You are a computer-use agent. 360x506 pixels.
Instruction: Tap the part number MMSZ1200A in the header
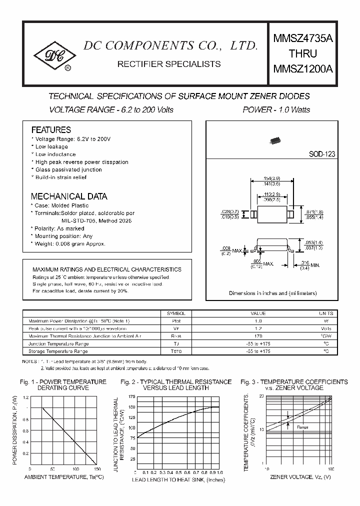click(302, 69)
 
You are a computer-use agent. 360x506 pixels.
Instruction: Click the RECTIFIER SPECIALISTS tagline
click(168, 64)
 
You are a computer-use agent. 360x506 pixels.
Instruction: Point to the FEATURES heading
click(51, 129)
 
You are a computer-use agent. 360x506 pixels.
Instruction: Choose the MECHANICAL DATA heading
click(69, 196)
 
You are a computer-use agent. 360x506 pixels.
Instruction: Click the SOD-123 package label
click(321, 154)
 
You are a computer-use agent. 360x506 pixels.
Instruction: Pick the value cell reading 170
click(258, 336)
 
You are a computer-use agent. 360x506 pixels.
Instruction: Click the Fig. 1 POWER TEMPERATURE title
click(63, 382)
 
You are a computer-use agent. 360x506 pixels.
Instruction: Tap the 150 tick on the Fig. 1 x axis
click(96, 469)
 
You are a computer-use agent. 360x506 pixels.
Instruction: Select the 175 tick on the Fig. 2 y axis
click(131, 396)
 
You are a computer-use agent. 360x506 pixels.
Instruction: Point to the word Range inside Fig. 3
click(302, 427)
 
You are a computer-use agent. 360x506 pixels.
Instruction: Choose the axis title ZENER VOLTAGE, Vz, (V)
click(300, 477)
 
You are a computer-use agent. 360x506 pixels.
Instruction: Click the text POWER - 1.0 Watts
click(276, 109)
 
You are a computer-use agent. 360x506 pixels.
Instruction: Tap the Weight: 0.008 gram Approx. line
click(69, 243)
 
